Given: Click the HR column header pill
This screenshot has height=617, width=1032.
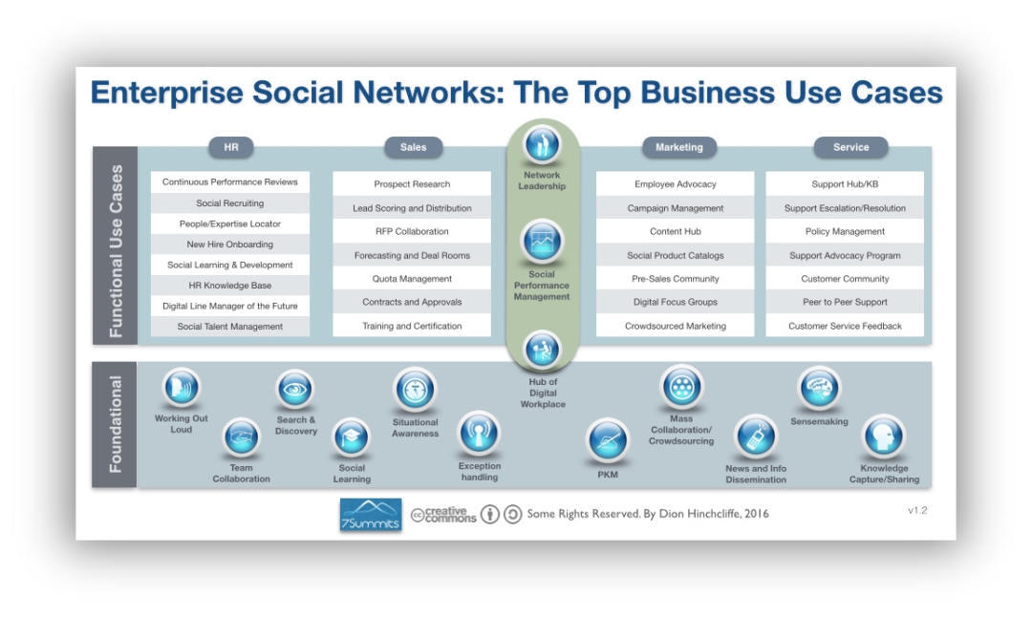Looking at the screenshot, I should point(231,147).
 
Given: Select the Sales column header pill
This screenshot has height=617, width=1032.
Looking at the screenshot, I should point(413,147).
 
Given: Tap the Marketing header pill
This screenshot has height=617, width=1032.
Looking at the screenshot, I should point(678,147).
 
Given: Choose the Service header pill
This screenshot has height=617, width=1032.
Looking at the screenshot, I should point(850,147).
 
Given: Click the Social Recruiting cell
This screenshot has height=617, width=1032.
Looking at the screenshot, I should point(230,203).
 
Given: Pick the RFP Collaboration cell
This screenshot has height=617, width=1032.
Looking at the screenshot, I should point(412,231).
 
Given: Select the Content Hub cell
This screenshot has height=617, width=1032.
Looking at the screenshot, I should point(675,231).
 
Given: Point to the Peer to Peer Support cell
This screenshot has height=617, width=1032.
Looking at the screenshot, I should point(845,302).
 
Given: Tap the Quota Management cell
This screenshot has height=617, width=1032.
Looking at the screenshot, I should point(412,279).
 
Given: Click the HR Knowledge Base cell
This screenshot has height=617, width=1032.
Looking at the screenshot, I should point(230,286).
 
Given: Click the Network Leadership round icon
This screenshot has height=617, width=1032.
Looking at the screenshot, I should point(542,144).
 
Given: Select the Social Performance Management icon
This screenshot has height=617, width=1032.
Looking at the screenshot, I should point(542,242).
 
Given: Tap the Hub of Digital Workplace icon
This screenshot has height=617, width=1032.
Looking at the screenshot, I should point(542,351).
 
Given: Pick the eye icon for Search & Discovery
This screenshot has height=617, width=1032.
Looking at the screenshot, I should point(295,389).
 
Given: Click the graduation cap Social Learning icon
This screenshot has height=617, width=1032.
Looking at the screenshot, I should point(351,438).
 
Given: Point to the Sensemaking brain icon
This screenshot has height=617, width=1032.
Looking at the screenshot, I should point(819,389).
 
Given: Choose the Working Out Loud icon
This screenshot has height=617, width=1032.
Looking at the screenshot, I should point(182,389).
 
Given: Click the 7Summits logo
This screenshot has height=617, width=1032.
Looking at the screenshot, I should point(371,514).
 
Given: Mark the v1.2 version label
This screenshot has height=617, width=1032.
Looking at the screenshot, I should point(917,510).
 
